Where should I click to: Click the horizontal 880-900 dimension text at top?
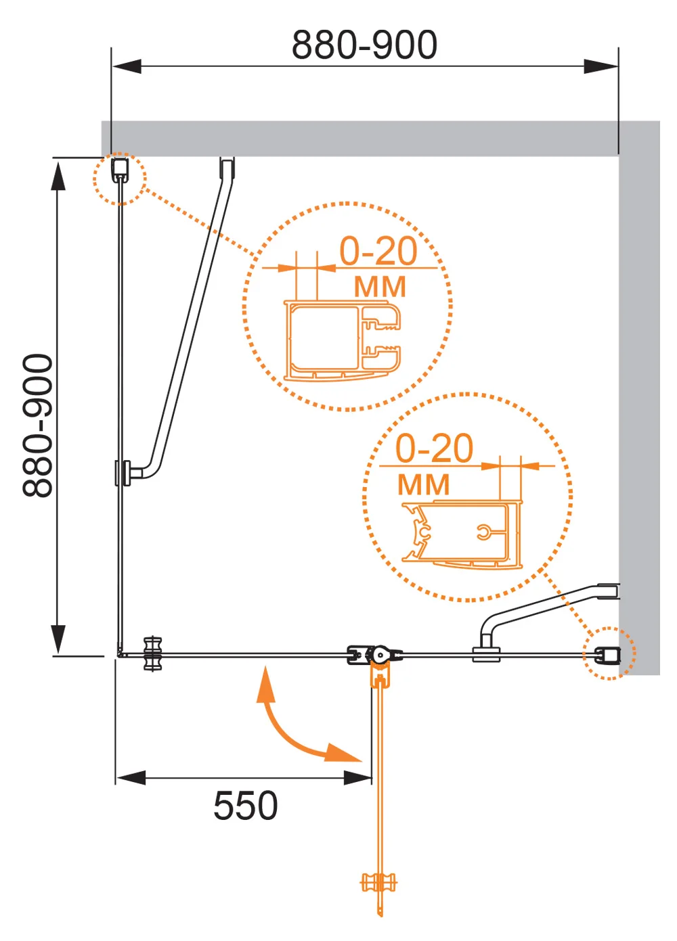coord(364,44)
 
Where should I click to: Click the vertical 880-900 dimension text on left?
coord(38,426)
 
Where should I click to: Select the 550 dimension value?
coord(246,805)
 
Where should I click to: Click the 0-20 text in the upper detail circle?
coord(378,251)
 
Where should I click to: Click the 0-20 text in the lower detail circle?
coord(435,449)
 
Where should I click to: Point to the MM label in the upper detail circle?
coord(380,287)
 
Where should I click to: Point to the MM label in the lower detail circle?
coord(423,484)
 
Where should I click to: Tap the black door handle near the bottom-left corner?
coord(152,653)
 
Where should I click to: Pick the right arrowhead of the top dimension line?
coord(601,66)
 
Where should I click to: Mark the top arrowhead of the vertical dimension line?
coord(58,176)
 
